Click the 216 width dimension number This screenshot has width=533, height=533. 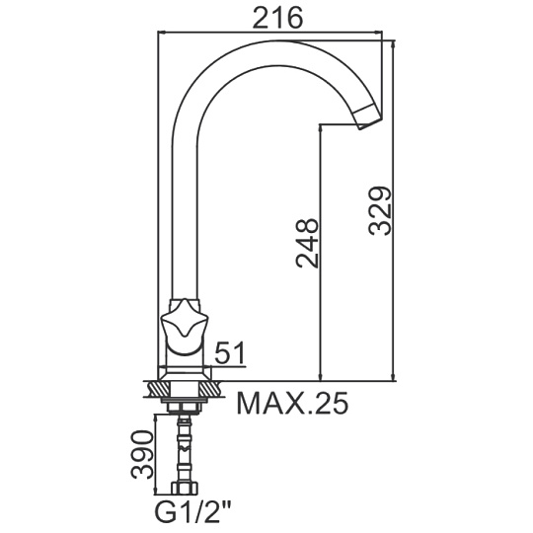tap(277, 18)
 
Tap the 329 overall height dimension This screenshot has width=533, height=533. tap(380, 211)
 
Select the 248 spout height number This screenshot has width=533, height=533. tap(307, 243)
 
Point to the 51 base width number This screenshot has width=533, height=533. tap(230, 352)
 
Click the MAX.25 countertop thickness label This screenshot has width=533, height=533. tap(292, 403)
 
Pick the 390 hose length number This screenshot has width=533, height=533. tap(143, 454)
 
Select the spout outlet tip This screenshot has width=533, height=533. tap(368, 117)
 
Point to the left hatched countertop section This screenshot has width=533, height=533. tap(158, 389)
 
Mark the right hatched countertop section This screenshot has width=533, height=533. tap(212, 389)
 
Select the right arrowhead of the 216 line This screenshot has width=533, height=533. tap(378, 33)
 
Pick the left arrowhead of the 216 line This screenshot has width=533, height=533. tap(162, 33)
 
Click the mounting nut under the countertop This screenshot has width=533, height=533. tap(185, 408)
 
